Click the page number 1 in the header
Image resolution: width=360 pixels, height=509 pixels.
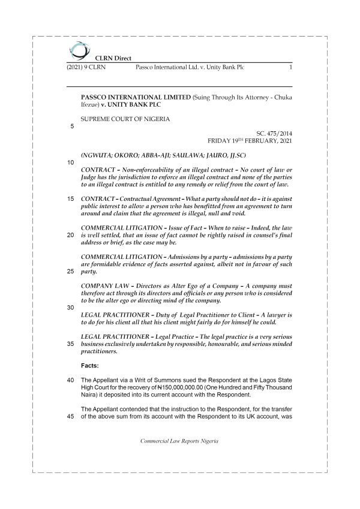click(290, 68)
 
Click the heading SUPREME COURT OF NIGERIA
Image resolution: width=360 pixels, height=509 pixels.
click(125, 119)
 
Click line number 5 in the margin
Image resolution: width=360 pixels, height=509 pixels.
click(73, 127)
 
